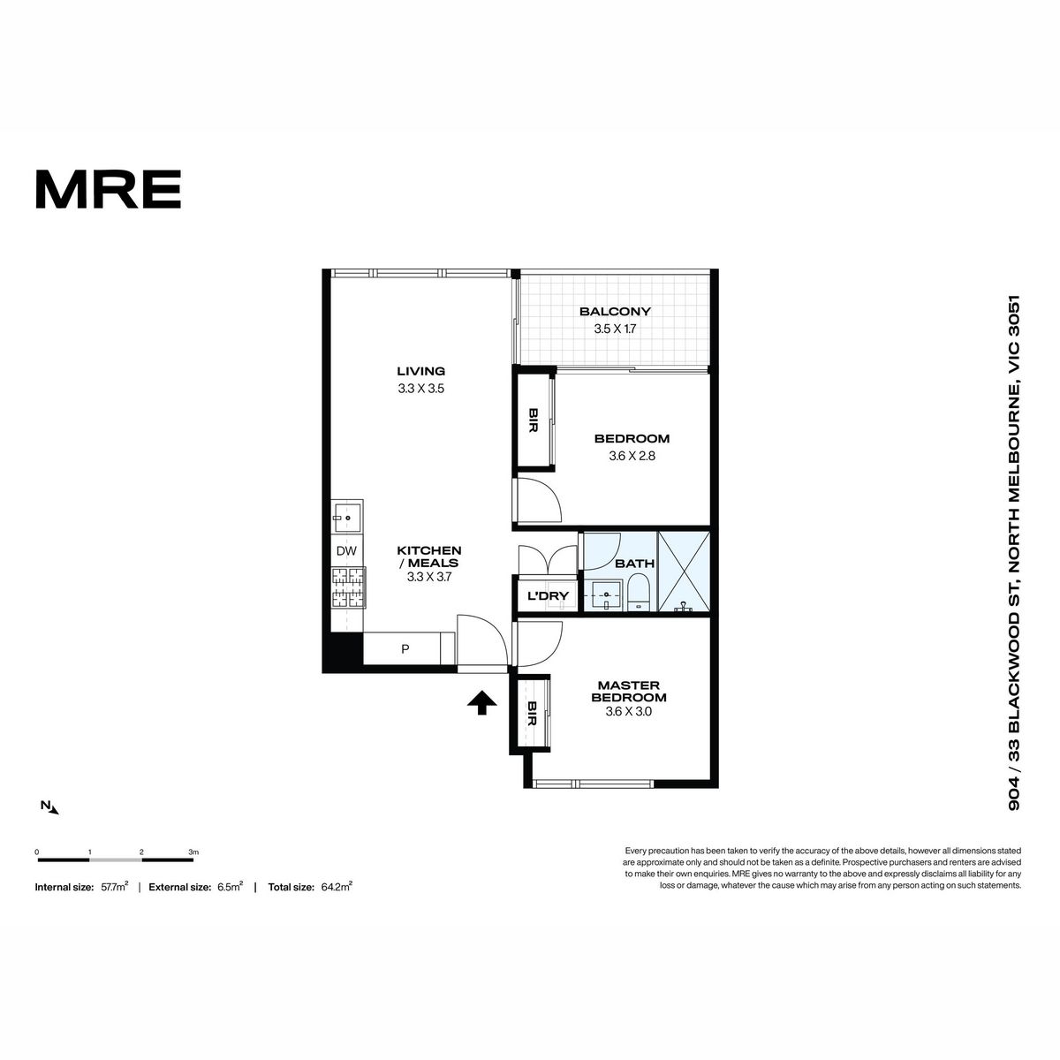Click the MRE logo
tap(109, 189)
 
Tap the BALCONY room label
tap(615, 311)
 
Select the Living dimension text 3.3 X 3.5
tap(420, 389)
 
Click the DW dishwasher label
tap(346, 550)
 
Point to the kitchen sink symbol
tap(346, 517)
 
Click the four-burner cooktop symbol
tap(348, 587)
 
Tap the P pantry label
tap(405, 649)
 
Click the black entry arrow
tap(482, 702)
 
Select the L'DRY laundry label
tap(548, 595)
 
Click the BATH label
tap(635, 564)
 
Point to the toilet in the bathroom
tap(638, 593)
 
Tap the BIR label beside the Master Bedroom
tap(532, 714)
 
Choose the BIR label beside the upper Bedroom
tap(533, 420)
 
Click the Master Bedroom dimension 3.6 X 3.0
tap(628, 711)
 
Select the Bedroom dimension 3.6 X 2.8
tap(632, 456)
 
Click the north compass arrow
tap(53, 809)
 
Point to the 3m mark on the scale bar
tap(193, 852)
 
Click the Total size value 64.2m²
tap(337, 887)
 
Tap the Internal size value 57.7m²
tap(115, 887)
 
